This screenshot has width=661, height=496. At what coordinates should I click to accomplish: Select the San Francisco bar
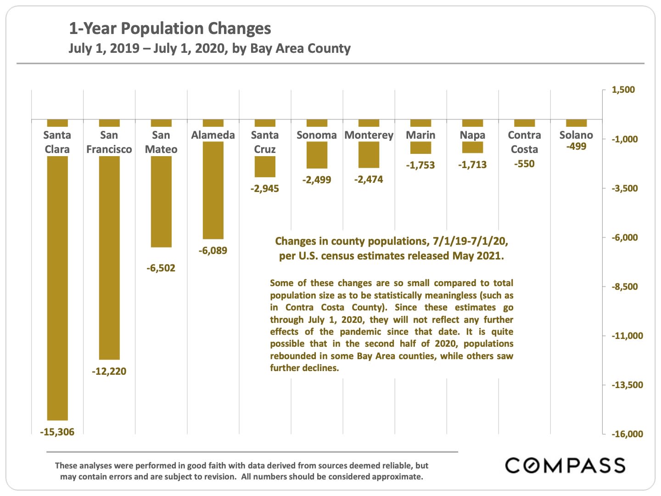click(x=109, y=257)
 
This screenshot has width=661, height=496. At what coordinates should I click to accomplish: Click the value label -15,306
click(x=57, y=432)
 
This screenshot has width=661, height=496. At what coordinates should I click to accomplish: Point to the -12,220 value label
click(x=109, y=371)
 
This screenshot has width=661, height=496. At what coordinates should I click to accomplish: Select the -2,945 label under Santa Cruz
click(x=265, y=188)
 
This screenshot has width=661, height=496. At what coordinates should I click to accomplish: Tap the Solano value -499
click(x=576, y=147)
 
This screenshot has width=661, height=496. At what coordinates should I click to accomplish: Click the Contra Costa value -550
click(x=524, y=164)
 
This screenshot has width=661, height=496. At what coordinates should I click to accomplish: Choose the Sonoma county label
click(x=317, y=135)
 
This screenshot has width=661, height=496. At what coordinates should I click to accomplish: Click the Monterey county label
click(x=369, y=135)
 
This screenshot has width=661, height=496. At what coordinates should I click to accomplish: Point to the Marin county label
click(x=420, y=135)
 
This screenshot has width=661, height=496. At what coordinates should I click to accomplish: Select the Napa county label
click(x=472, y=135)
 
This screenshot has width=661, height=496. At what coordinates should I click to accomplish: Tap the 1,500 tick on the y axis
click(x=623, y=90)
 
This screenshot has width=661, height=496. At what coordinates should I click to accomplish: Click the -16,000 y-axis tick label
click(x=627, y=434)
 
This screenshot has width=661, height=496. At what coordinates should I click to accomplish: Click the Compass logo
click(x=565, y=465)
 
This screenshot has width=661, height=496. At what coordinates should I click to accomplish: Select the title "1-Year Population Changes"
click(x=170, y=28)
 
